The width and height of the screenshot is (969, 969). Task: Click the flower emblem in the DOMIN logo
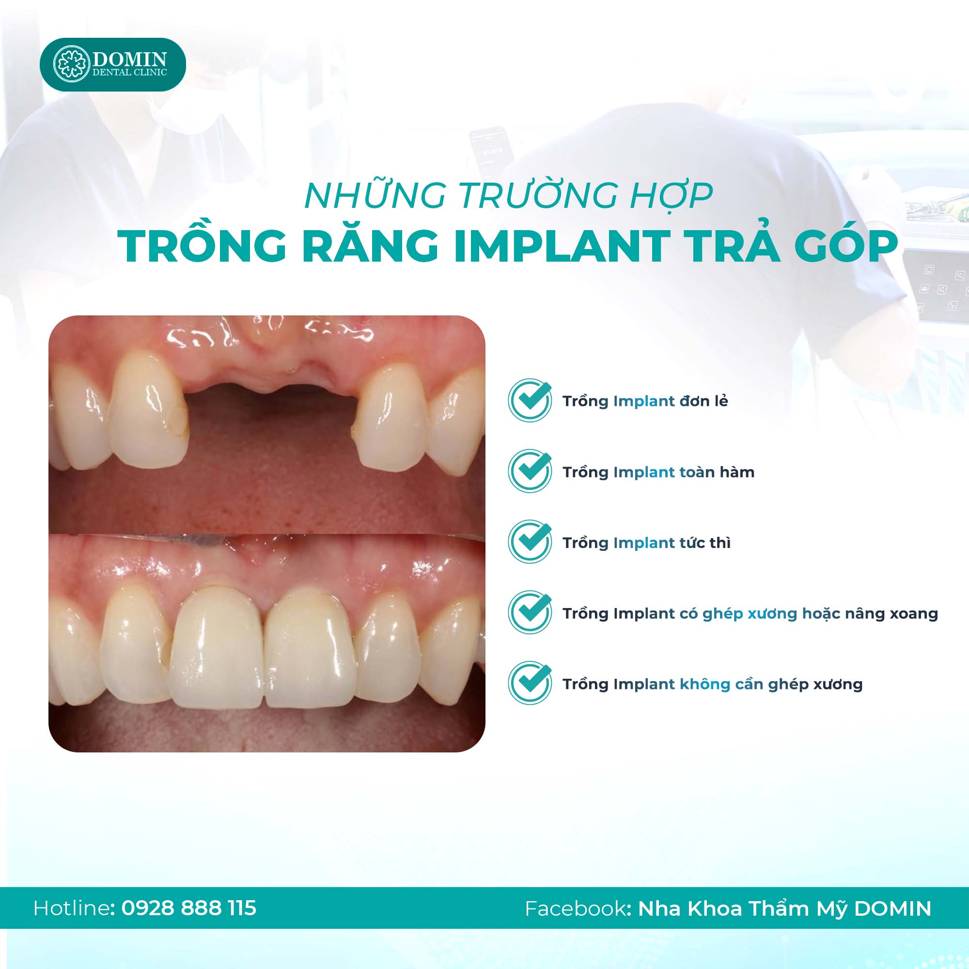71,64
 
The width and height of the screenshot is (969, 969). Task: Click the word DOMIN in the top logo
129,59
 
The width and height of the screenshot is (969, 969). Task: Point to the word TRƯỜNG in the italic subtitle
537,195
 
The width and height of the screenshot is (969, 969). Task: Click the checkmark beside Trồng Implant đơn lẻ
530,400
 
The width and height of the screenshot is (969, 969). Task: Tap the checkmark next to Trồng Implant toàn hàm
530,470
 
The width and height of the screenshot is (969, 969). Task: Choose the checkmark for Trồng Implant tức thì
530,541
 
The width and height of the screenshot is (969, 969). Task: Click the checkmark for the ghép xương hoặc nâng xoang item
530,612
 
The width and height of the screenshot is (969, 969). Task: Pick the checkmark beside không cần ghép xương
530,683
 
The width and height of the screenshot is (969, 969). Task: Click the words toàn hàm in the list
717,472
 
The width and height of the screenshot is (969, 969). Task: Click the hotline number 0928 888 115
188,908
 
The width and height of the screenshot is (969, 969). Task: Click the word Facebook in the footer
575,908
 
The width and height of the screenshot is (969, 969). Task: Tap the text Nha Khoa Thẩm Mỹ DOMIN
784,908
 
